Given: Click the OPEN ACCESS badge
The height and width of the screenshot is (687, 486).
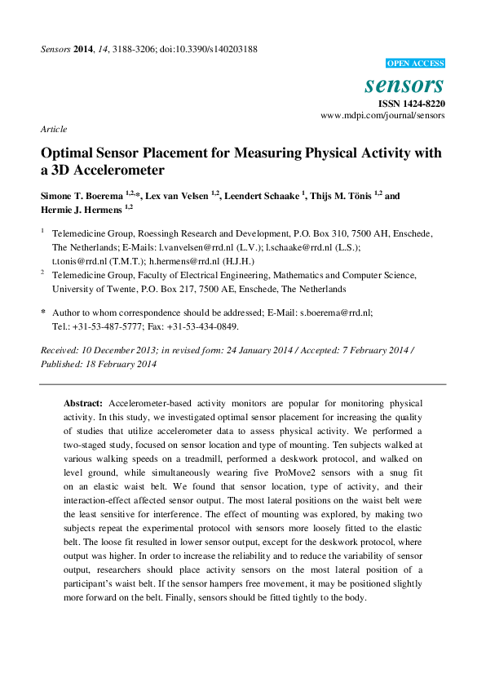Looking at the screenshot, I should [x=414, y=64].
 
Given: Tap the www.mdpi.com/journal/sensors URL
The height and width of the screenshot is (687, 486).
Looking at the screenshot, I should [x=383, y=117].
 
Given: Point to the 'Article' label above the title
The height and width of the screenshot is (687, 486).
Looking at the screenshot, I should [x=54, y=130].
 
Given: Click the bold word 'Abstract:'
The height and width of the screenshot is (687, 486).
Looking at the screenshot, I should [x=83, y=404].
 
